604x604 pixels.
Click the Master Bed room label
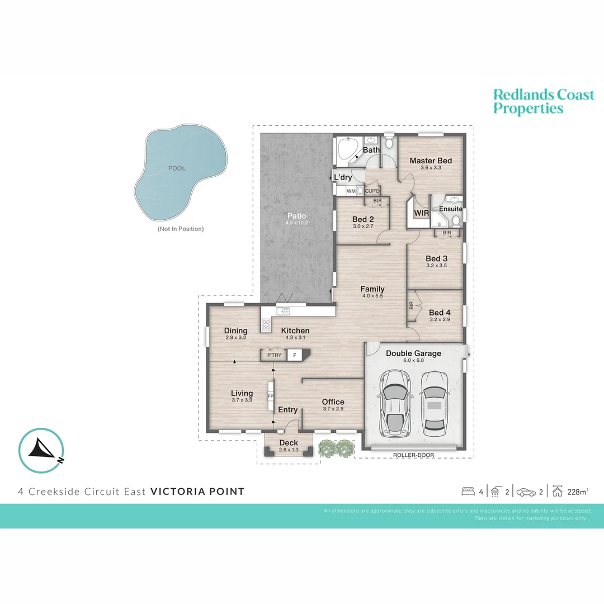(x=431, y=161)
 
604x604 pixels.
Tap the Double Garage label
(x=413, y=353)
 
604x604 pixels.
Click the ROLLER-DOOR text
(x=413, y=455)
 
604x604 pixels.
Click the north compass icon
(x=41, y=451)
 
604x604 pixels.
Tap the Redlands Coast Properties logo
(x=543, y=101)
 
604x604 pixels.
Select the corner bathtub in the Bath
(x=348, y=150)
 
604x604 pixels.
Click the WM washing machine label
(x=351, y=191)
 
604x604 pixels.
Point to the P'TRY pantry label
(x=274, y=355)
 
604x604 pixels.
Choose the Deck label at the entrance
(x=289, y=443)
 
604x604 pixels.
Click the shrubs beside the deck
(x=336, y=447)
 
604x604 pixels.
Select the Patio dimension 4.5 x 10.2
(x=297, y=223)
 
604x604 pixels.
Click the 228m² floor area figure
(x=578, y=492)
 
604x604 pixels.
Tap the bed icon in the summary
(x=468, y=492)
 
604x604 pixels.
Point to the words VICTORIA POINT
(x=197, y=492)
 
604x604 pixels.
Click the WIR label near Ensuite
(x=421, y=213)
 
